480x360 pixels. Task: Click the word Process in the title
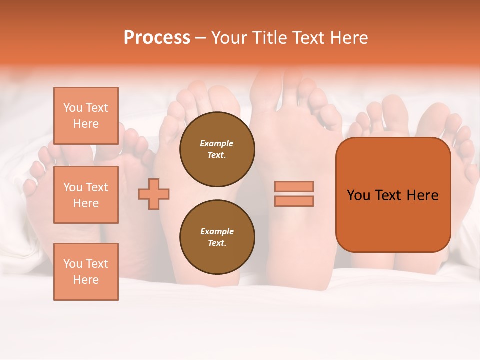tap(157, 38)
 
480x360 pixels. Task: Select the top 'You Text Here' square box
tap(86, 116)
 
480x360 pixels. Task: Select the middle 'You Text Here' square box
tap(86, 195)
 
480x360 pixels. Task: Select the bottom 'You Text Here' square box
tap(86, 272)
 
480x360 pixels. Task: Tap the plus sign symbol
tap(154, 194)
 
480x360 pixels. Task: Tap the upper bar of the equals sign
tap(294, 186)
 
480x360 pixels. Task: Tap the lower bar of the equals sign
tap(294, 201)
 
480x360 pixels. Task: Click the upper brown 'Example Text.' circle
tap(217, 149)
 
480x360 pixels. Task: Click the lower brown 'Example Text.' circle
tap(217, 237)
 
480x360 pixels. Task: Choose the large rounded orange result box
tap(393, 195)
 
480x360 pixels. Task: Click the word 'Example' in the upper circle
tap(217, 143)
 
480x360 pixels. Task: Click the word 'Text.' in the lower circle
tap(217, 243)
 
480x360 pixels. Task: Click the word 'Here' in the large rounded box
tap(422, 195)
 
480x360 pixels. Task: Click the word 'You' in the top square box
tap(73, 108)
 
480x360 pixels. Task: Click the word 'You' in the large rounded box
tap(359, 195)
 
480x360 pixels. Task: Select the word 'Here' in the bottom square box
tap(86, 280)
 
